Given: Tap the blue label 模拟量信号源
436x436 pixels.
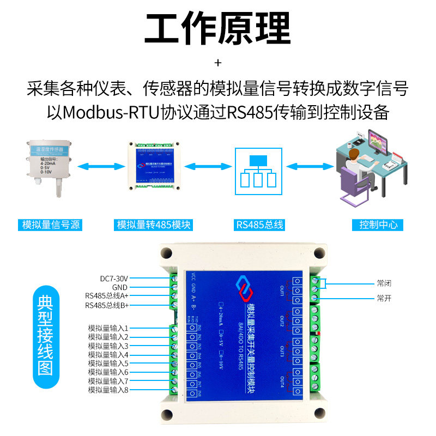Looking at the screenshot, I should (49, 225).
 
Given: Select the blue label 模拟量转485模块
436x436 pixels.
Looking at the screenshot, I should (154, 225).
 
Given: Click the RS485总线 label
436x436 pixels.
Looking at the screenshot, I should (259, 225).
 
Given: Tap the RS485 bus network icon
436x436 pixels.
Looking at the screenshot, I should (259, 170).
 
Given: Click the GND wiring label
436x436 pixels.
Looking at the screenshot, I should (120, 287).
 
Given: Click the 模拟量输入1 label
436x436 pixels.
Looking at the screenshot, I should (108, 329).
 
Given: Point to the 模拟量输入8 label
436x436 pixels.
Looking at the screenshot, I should (108, 390).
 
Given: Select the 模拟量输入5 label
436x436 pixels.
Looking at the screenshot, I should (108, 364).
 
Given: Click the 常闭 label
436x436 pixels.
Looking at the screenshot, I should (384, 283).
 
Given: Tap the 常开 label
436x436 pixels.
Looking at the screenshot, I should (384, 299).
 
